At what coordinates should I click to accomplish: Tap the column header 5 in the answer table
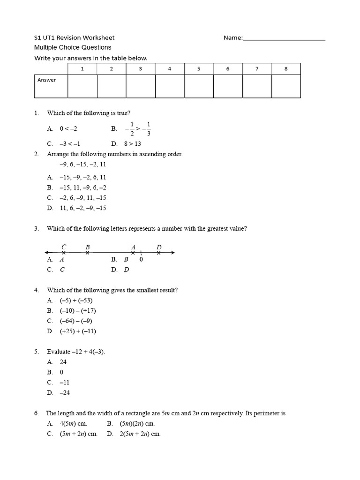pyautogui.click(x=199, y=69)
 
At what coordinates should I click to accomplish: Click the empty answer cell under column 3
pyautogui.click(x=141, y=86)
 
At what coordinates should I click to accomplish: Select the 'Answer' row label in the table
pyautogui.click(x=47, y=80)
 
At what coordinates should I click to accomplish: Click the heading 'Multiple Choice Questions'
pyautogui.click(x=73, y=47)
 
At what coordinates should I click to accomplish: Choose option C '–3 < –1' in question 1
pyautogui.click(x=70, y=144)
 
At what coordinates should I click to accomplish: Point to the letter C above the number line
pyautogui.click(x=64, y=247)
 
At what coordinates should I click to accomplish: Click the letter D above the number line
pyautogui.click(x=159, y=247)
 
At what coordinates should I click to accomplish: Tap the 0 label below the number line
pyautogui.click(x=141, y=259)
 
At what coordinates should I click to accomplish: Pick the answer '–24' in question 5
pyautogui.click(x=65, y=393)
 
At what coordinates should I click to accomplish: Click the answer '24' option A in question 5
pyautogui.click(x=63, y=362)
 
